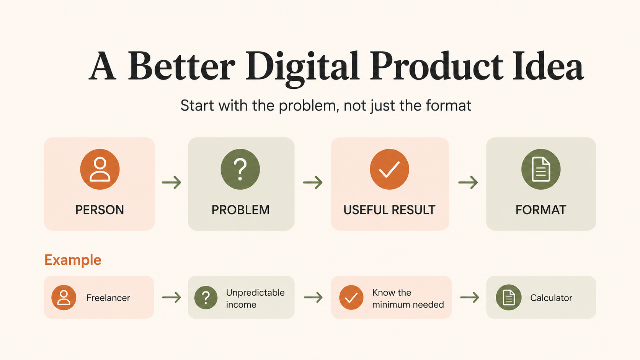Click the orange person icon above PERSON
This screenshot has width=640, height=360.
[100, 169]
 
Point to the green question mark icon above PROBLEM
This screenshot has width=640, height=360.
[240, 169]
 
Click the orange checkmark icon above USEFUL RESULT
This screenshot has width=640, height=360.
[389, 169]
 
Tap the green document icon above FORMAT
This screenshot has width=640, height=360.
[541, 169]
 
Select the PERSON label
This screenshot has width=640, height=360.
[100, 210]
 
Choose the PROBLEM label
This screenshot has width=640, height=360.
[240, 210]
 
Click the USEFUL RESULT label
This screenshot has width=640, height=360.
[389, 210]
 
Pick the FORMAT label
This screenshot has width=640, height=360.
[541, 210]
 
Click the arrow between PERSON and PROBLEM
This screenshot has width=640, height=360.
[171, 182]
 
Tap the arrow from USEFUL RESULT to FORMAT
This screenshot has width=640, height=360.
[468, 182]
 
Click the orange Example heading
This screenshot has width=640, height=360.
[73, 260]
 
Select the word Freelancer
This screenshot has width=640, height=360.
[108, 298]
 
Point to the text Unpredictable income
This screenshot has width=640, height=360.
[255, 298]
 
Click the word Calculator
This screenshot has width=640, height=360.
[551, 298]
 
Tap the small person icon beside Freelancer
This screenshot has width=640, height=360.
[64, 298]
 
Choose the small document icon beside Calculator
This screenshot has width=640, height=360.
[509, 298]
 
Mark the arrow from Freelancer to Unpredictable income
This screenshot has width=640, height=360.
[171, 298]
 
